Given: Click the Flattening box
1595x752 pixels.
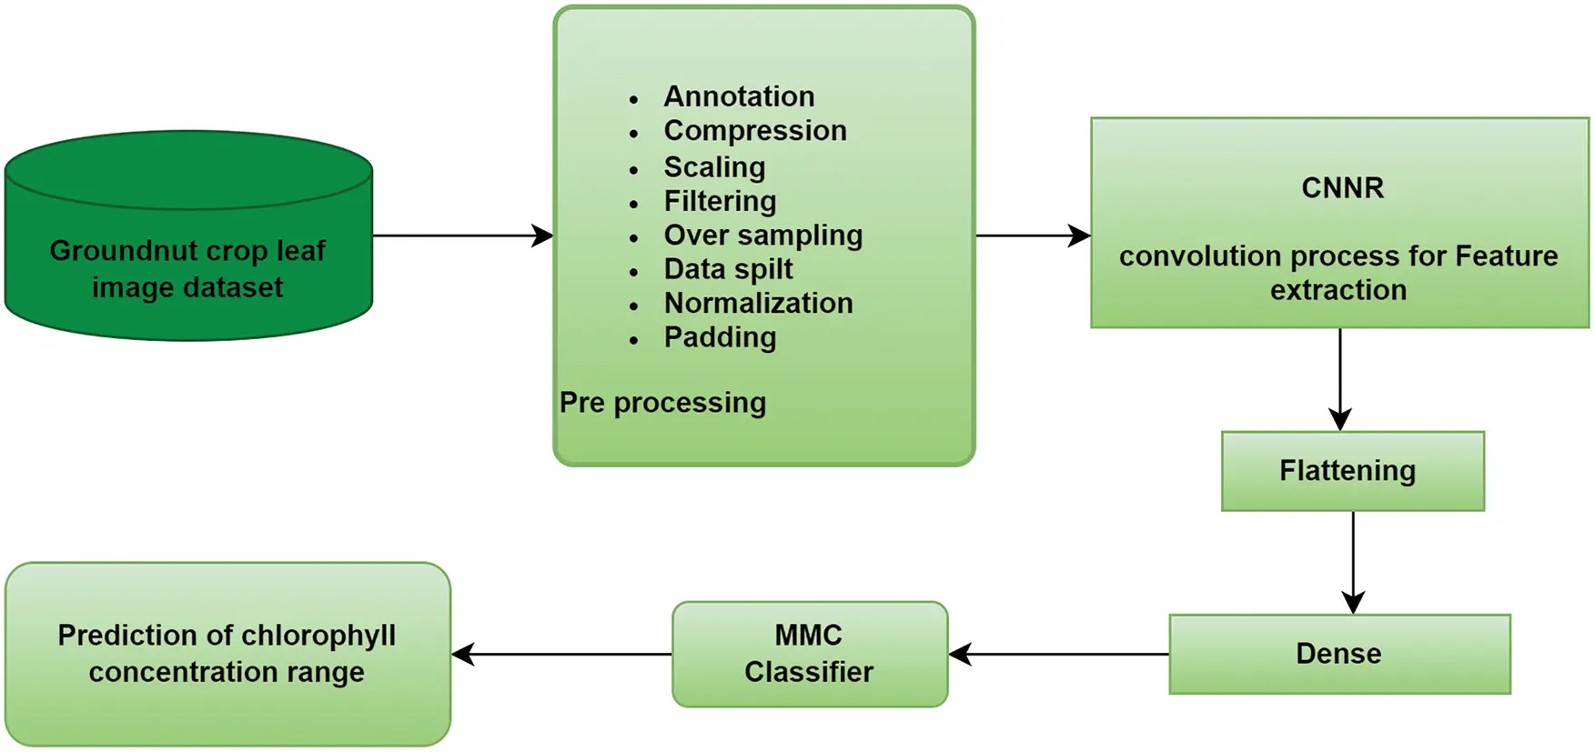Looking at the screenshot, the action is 1352,471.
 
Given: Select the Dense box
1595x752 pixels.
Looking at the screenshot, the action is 1339,654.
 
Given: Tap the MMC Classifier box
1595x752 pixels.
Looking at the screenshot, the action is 810,654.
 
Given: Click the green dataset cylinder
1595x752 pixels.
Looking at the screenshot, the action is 188,236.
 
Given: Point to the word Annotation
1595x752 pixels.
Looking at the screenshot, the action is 739,96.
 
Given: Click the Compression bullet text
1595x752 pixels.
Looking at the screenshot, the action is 755,131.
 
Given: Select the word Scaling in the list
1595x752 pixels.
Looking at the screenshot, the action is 714,167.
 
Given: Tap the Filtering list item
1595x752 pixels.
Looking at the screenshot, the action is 720,201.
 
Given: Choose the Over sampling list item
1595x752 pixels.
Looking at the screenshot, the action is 762,236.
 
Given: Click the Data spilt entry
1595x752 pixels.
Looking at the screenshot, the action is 728,269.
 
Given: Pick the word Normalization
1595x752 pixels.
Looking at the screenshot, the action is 758,303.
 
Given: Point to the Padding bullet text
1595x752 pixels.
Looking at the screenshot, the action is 720,337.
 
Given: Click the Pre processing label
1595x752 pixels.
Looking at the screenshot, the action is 662,403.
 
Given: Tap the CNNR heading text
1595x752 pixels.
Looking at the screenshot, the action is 1342,187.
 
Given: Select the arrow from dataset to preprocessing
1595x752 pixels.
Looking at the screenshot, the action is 463,236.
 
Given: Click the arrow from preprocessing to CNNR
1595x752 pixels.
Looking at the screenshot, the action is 1033,236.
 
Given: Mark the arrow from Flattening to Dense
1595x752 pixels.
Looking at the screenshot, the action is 1353,563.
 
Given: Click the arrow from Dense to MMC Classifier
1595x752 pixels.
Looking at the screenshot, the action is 1058,654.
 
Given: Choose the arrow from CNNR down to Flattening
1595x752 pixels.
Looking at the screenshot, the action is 1340,379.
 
